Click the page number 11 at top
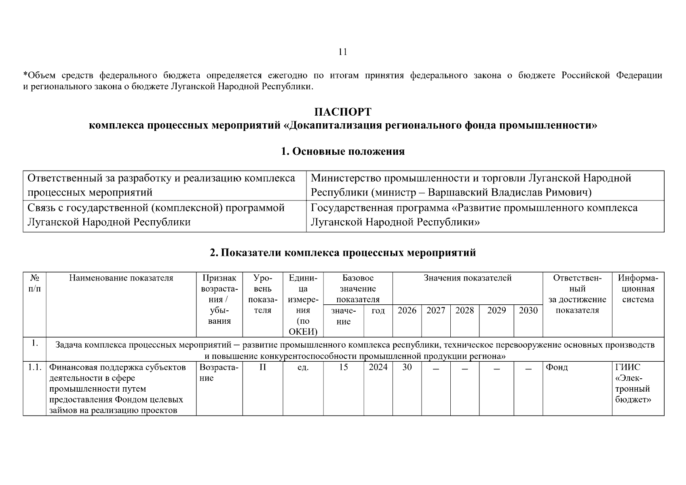[x=342, y=52]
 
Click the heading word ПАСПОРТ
[x=343, y=112]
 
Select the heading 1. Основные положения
[x=343, y=152]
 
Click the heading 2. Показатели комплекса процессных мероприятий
[x=343, y=253]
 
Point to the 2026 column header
[x=407, y=310]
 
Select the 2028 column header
[x=464, y=310]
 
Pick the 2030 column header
[x=528, y=310]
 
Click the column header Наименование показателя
[x=121, y=278]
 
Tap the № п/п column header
[x=34, y=283]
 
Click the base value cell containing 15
[x=343, y=367]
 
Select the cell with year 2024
[x=378, y=367]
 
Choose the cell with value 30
[x=407, y=367]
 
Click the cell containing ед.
[x=303, y=368]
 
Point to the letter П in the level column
[x=262, y=367]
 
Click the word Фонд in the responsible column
[x=557, y=367]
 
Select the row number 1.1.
[x=34, y=367]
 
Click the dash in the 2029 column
[x=496, y=369]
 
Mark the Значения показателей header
[x=467, y=278]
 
